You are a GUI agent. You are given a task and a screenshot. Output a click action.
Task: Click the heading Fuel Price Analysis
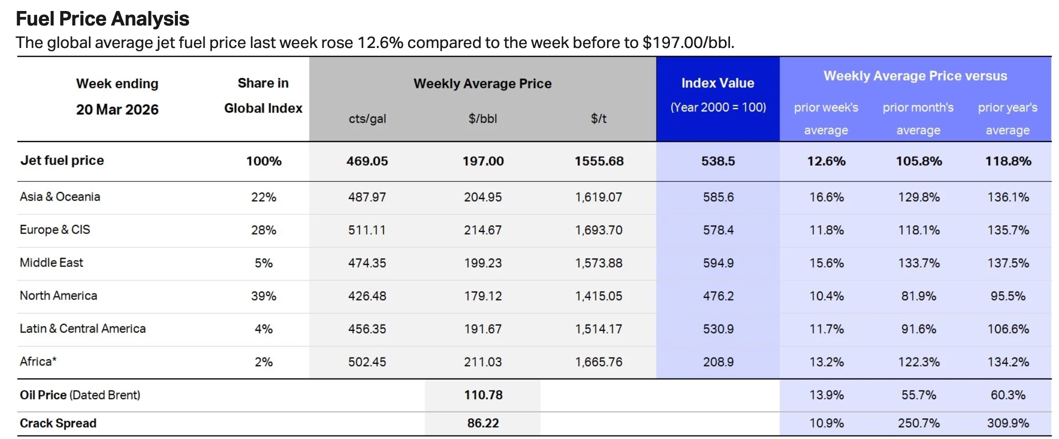click(x=102, y=19)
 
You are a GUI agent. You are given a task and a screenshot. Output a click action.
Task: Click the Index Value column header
click(x=717, y=83)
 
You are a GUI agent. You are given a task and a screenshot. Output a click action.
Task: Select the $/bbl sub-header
click(x=482, y=119)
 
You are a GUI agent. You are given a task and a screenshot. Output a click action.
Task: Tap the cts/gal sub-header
click(x=367, y=119)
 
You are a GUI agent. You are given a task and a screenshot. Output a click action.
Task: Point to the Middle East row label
click(x=51, y=263)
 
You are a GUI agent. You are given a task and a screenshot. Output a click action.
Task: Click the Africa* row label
click(x=38, y=362)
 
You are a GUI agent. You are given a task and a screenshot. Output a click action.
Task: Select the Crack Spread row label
click(x=58, y=423)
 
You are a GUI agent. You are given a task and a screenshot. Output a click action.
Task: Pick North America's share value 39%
click(x=263, y=296)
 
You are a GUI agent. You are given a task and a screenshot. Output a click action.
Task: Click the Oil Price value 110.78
click(x=483, y=395)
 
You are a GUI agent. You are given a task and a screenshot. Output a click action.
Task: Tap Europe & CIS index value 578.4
click(x=718, y=230)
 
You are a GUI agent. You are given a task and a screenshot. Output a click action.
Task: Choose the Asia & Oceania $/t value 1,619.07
click(x=598, y=197)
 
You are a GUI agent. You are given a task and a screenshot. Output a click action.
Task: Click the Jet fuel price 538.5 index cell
click(x=718, y=161)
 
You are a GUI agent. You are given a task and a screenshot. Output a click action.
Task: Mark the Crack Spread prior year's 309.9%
click(x=1007, y=423)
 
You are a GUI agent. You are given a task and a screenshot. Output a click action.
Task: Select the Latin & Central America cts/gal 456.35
click(x=367, y=329)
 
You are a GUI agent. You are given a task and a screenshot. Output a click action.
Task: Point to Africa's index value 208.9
click(x=718, y=362)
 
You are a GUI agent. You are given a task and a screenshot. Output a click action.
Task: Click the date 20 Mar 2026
click(x=117, y=110)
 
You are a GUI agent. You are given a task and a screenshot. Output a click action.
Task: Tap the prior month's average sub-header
click(x=918, y=119)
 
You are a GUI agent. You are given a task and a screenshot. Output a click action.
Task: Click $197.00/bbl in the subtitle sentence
click(x=688, y=43)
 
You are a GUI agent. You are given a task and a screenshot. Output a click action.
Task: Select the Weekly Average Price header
click(x=482, y=83)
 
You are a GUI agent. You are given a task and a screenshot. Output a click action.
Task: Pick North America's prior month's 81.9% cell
click(x=918, y=296)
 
